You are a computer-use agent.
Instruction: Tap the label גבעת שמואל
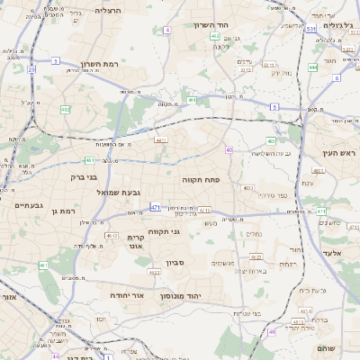click(117, 192)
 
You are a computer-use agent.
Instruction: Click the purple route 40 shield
click(229, 149)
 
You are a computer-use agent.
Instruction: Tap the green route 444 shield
click(312, 67)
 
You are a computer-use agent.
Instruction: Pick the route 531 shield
click(310, 29)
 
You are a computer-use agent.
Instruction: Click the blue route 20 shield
click(31, 68)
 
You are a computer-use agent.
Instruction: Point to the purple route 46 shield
click(272, 331)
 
